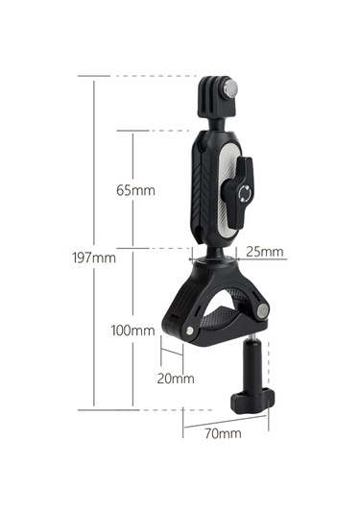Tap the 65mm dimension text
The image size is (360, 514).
135,190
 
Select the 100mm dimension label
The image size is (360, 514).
132,330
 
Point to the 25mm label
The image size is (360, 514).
265,252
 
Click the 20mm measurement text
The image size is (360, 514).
176,379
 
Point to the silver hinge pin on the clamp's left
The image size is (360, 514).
193,331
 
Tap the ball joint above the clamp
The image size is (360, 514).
216,255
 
